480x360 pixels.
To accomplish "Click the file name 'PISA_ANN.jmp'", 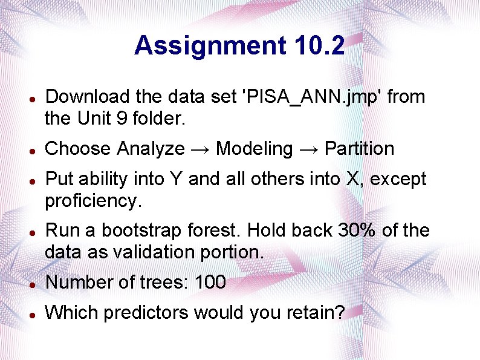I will pos(311,97).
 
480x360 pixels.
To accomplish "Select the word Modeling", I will pos(254,149).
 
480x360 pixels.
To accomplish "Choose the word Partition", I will pos(359,149).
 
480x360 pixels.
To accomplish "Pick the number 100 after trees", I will pos(210,282).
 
